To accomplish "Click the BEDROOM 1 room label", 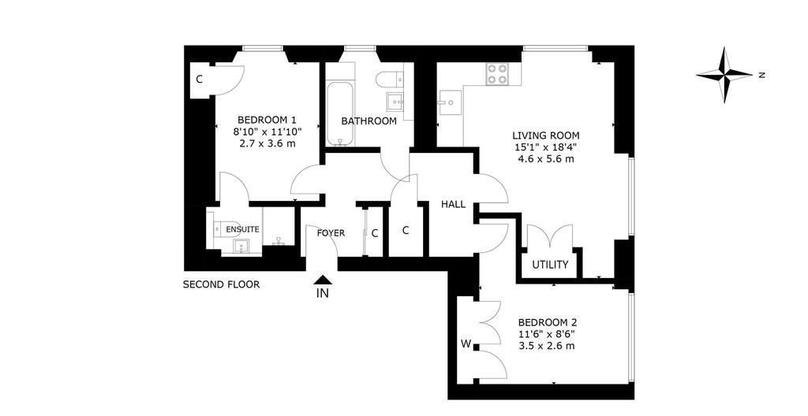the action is point(267,120).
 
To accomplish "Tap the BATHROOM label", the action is point(369,121).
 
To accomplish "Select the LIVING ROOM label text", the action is point(546,136).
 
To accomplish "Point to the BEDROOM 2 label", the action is point(546,322).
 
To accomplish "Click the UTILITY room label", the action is point(550,266).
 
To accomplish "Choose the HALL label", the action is point(453,204).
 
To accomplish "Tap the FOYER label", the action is point(331,233).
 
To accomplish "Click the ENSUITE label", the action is point(242,229).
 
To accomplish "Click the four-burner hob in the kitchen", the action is point(497,73).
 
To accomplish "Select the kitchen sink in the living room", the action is point(446,102).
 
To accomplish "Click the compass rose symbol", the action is point(724,75).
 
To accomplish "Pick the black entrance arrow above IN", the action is point(323,280).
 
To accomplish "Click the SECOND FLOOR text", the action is point(221,284).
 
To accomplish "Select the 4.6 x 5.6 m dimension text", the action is point(546,158).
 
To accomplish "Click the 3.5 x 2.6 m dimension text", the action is point(546,345).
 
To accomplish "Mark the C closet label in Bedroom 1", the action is point(199,80).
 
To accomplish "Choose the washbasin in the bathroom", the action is point(396,102).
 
